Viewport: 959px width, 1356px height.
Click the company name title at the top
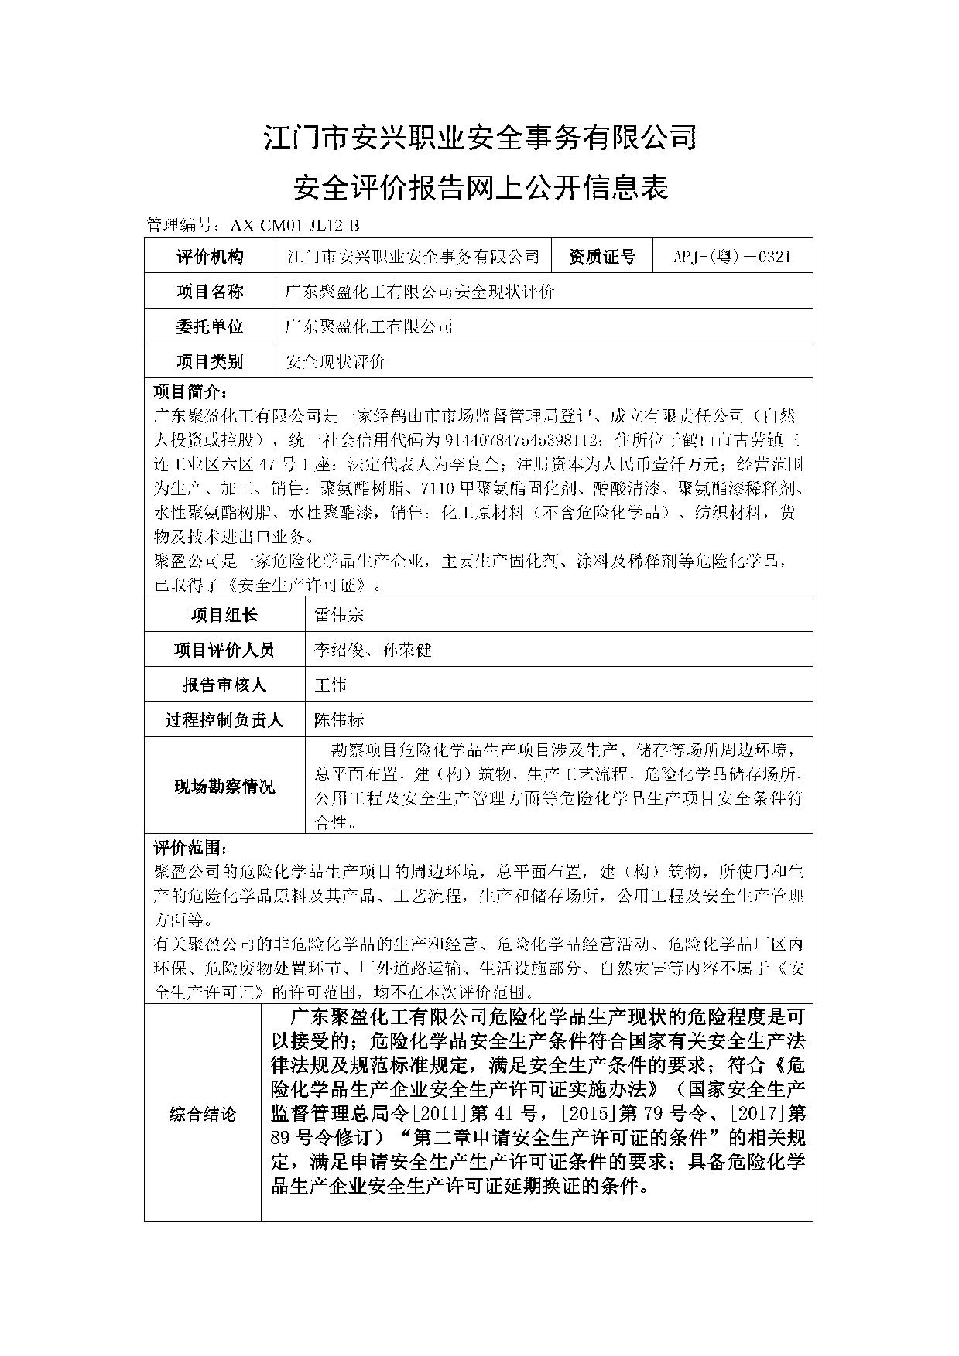click(x=480, y=139)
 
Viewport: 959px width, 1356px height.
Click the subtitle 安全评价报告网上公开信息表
click(x=480, y=188)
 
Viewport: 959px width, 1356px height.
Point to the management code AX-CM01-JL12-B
click(x=295, y=226)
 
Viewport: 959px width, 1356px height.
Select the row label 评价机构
click(x=210, y=257)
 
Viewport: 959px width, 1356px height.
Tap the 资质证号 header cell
click(x=601, y=257)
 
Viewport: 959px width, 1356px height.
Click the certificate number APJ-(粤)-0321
click(x=732, y=257)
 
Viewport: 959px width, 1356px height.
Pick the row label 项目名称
click(x=210, y=292)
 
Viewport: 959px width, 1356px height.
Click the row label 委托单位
click(x=210, y=326)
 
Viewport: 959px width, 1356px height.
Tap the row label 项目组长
click(x=224, y=615)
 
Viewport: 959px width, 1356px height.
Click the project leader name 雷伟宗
click(x=338, y=615)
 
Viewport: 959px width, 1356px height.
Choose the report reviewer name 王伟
click(x=331, y=685)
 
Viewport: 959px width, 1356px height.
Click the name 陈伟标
click(x=338, y=720)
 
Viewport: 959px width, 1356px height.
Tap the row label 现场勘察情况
click(x=224, y=787)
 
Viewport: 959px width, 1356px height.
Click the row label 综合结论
click(x=203, y=1115)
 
